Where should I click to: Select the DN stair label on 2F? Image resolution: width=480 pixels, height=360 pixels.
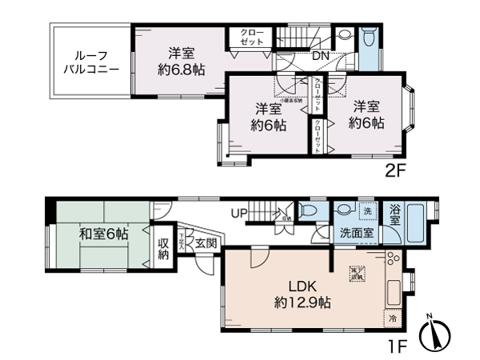pyautogui.click(x=320, y=56)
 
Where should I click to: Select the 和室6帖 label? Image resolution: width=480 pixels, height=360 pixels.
pyautogui.click(x=103, y=234)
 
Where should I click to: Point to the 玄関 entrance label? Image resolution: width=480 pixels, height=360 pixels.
pyautogui.click(x=205, y=242)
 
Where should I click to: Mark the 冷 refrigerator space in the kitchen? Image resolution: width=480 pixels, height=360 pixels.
pyautogui.click(x=393, y=318)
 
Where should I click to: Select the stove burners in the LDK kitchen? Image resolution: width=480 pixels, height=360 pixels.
pyautogui.click(x=392, y=259)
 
